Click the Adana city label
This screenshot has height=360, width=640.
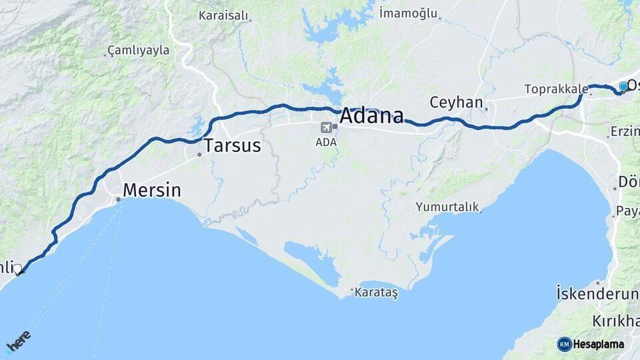pos(372,116)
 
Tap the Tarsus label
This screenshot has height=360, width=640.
pos(232,146)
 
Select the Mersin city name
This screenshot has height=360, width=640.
pos(152,190)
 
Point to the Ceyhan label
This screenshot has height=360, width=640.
pos(456,103)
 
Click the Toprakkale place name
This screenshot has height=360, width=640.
pos(556,89)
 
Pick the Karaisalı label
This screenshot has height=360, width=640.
pos(223,15)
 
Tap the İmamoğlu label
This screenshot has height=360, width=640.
pos(408,13)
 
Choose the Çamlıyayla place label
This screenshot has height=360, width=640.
pos(139,50)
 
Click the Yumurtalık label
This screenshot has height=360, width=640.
pos(447,207)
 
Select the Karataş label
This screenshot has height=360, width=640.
pos(376,293)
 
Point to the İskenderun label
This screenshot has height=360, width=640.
pos(597,293)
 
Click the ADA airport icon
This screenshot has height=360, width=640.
pos(327,127)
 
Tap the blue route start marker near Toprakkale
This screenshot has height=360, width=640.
pos(623,86)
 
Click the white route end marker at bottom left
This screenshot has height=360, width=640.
pos(17,269)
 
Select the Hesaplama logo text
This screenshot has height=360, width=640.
pos(598,344)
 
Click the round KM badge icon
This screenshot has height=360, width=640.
pos(565,344)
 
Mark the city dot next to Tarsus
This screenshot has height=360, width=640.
pos(199,155)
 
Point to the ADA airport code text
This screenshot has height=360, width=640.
pos(327,141)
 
